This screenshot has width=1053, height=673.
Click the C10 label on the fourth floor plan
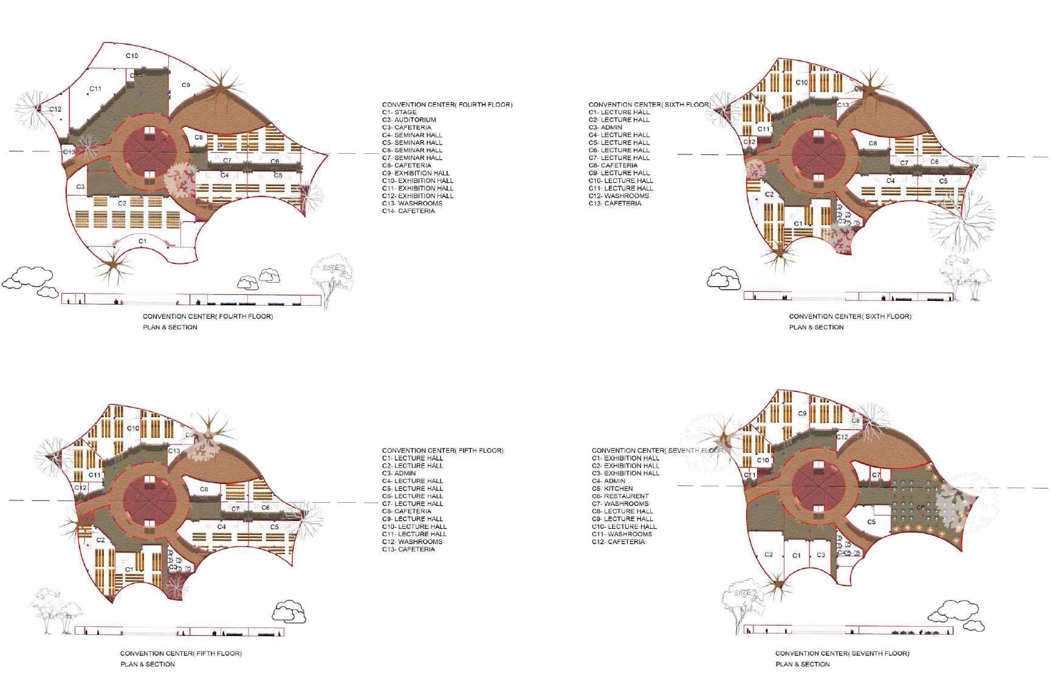coord(132,56)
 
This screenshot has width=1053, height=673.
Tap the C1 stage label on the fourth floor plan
coord(142,241)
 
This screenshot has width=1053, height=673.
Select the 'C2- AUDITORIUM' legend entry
coord(409,120)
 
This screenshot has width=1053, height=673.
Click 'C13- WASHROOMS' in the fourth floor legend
coord(412,203)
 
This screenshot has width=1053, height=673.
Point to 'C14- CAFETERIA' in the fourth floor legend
coord(408,211)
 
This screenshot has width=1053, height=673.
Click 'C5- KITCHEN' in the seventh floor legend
coord(612,488)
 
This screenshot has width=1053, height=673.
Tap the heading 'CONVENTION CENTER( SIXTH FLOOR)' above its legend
coord(649,105)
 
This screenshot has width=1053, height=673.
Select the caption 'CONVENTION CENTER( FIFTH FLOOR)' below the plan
coord(180,654)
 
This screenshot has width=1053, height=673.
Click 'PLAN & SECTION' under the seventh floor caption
coord(802,664)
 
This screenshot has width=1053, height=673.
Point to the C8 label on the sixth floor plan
coord(873,143)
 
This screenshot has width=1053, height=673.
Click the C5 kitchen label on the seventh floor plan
coord(871,522)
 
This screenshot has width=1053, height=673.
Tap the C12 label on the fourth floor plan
coord(55,109)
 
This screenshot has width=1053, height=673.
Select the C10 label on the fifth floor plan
coord(133,428)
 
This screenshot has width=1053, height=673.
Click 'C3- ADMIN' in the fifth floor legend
coord(399,473)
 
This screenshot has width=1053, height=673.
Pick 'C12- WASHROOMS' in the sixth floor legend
coord(619,196)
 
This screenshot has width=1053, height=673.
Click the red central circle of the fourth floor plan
coord(149,151)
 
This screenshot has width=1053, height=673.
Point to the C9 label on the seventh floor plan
coord(803,413)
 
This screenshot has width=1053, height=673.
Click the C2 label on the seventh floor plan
coord(769,554)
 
